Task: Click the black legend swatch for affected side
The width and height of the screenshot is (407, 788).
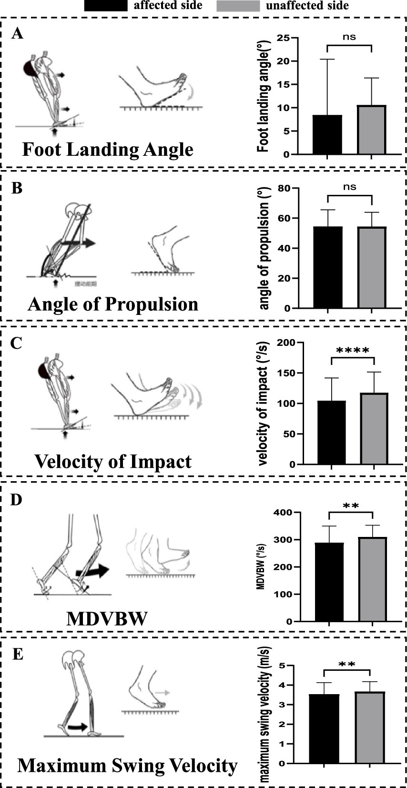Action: tap(105, 6)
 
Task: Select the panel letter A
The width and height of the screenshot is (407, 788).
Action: tap(18, 34)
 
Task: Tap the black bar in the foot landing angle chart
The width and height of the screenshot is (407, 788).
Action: tap(327, 135)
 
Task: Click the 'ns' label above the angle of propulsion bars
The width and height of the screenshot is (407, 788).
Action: tap(349, 187)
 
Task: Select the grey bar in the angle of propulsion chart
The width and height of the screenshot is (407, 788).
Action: tap(372, 267)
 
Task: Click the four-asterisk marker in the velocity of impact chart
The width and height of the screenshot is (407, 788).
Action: tap(353, 351)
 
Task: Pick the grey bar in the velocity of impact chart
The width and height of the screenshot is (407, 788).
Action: tap(375, 428)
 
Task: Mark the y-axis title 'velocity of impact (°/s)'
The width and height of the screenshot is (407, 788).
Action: tap(263, 403)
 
